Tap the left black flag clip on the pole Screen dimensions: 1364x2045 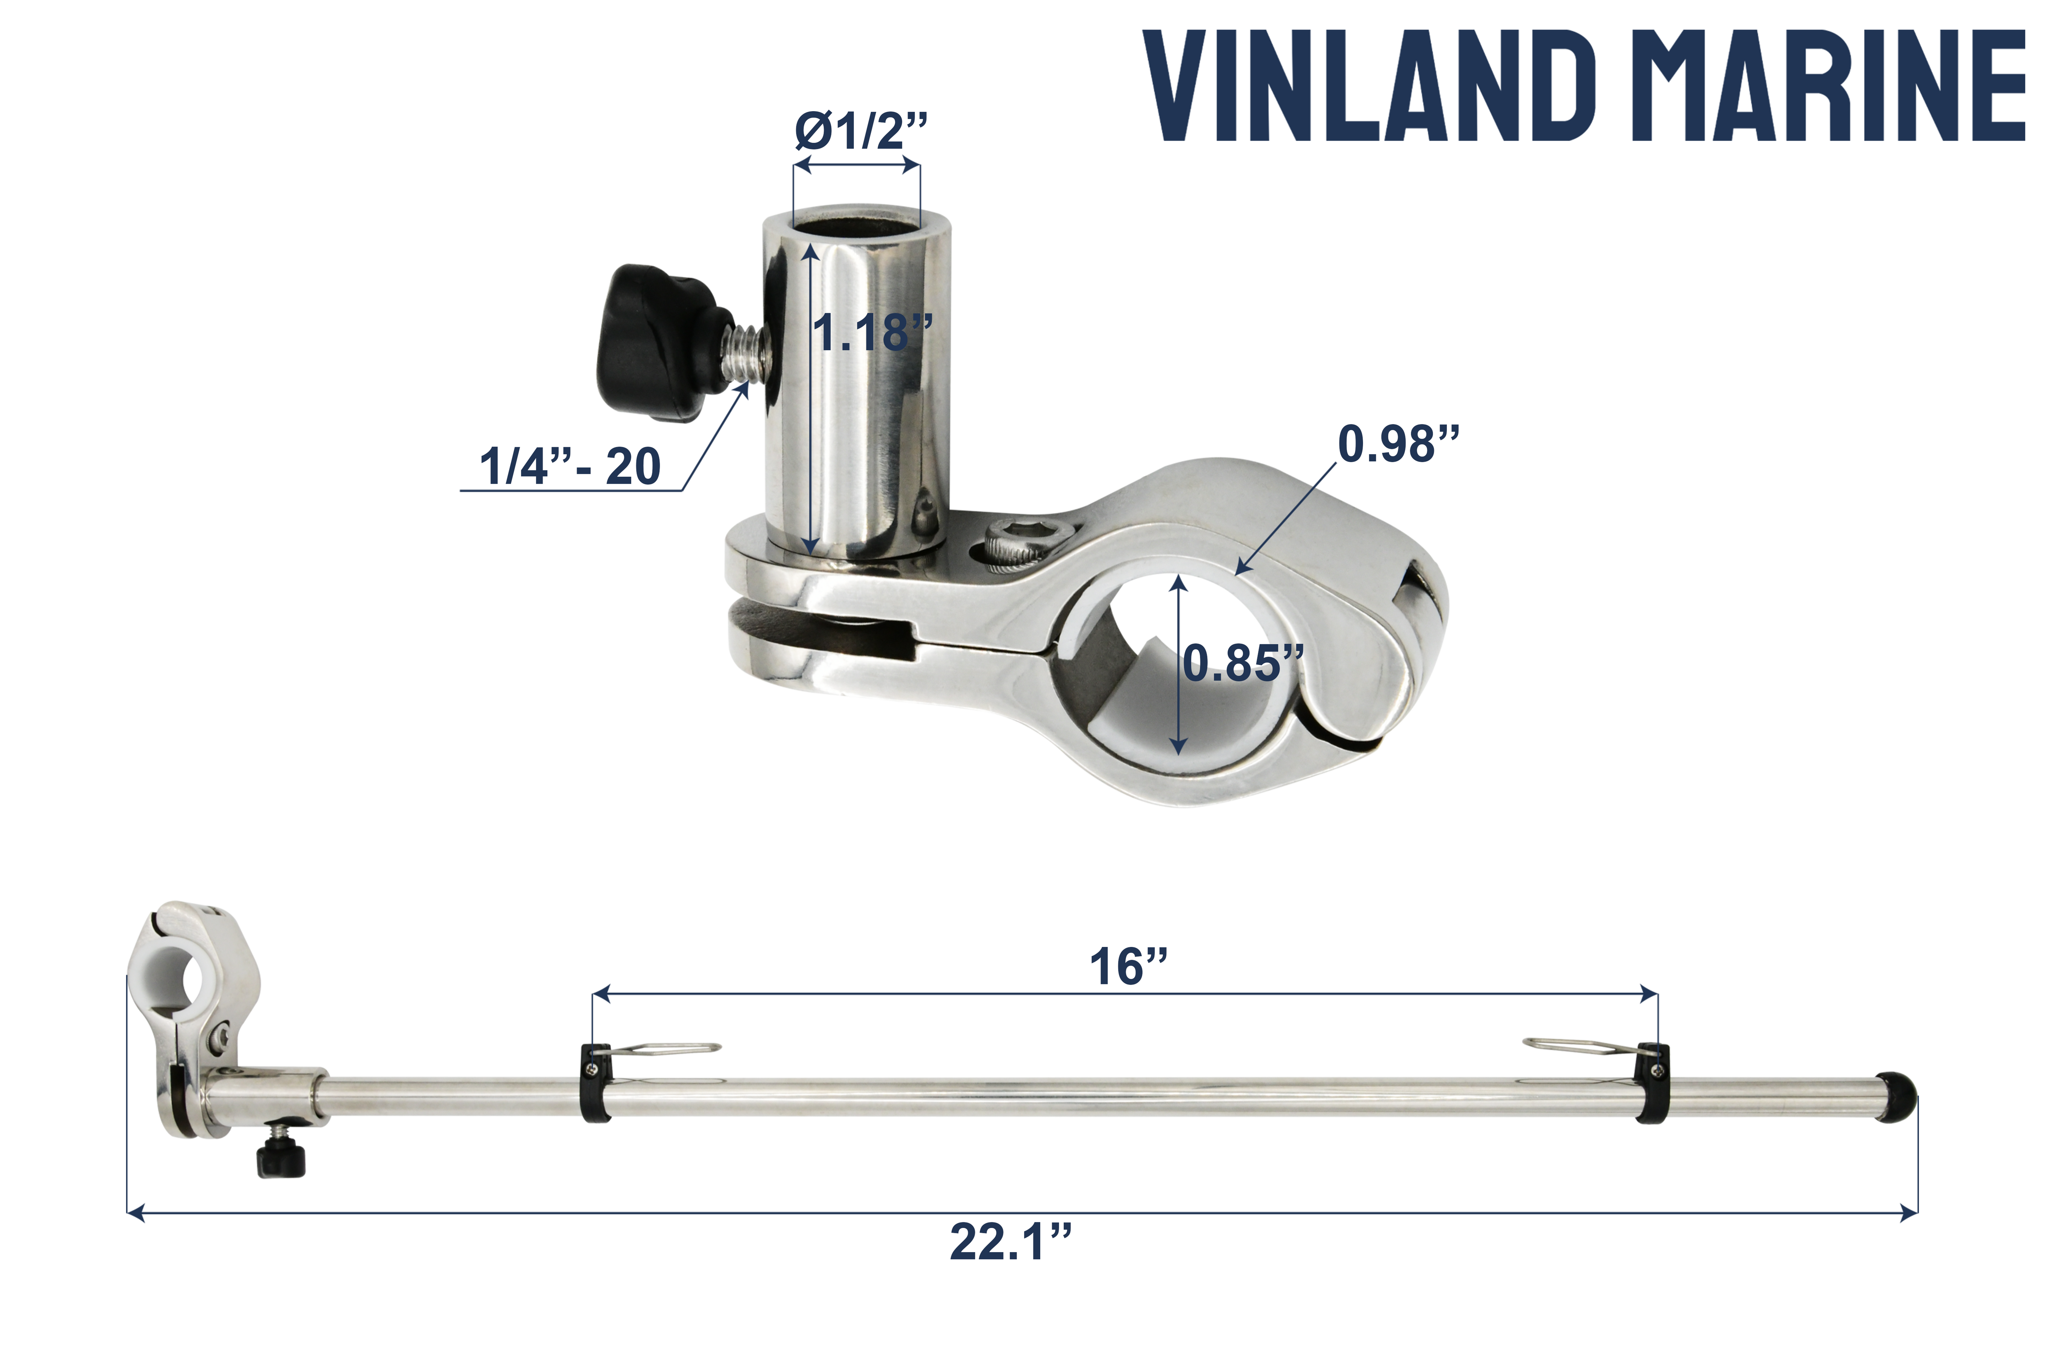tap(596, 1083)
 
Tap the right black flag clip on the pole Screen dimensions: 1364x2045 tap(1652, 1083)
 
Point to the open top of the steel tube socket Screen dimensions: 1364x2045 tap(856, 222)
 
